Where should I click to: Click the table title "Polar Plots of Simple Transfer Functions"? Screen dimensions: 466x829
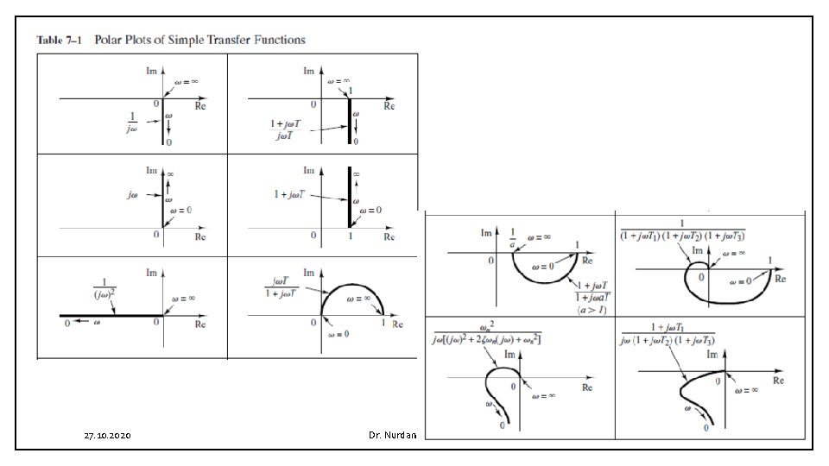199,40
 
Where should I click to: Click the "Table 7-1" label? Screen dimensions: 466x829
58,40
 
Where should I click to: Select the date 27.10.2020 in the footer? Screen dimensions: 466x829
108,437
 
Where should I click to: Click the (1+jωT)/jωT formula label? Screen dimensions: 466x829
284,129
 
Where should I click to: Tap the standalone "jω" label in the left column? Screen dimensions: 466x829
132,196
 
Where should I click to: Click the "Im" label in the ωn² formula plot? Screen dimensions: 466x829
509,355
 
